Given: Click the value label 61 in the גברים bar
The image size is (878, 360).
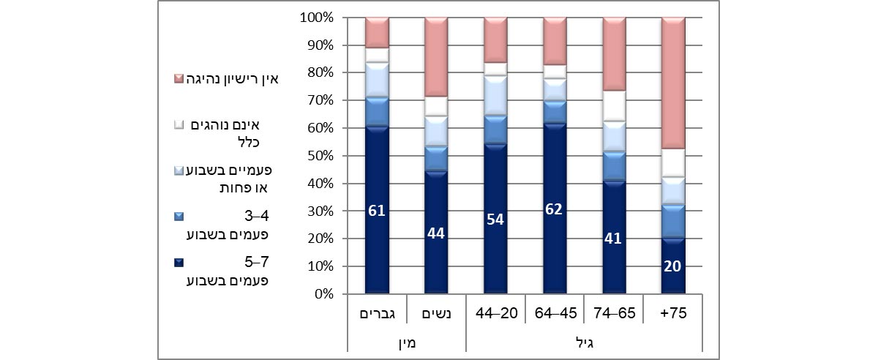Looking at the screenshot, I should (377, 212).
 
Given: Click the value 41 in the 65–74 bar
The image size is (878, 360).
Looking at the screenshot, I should (613, 239).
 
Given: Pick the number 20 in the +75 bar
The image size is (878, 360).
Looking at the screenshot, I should (672, 266).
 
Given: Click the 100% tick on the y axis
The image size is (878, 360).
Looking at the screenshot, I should (317, 18).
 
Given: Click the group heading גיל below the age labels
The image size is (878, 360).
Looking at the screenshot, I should (584, 342).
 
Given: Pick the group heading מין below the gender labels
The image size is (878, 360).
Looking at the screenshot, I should (407, 342).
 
